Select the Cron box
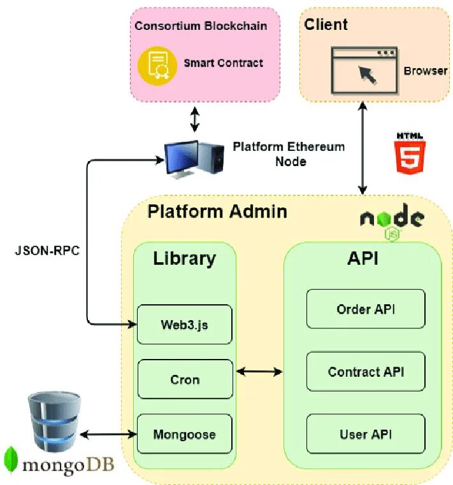coord(185,380)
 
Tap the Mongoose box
coord(185,435)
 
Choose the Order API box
coord(366,309)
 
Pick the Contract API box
coord(366,372)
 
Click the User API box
coord(366,434)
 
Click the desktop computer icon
coord(195,158)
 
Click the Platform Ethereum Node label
coord(289,154)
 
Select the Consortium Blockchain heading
coord(201,26)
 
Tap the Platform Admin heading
coord(217,211)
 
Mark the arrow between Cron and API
coord(260,370)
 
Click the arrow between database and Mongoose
coord(107,434)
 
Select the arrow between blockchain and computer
coord(195,119)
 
